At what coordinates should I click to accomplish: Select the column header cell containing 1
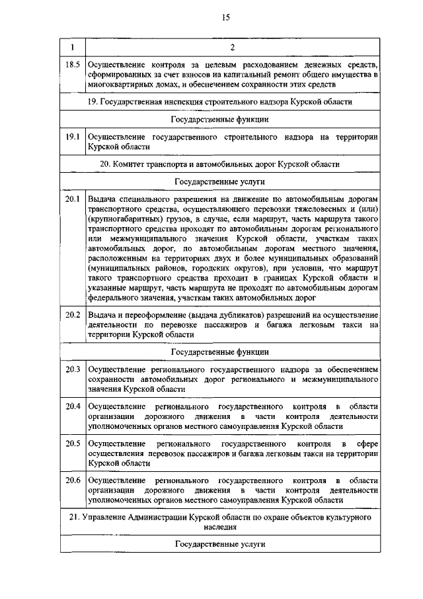(72, 47)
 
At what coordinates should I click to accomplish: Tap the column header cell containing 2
(232, 47)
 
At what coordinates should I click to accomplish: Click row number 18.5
(72, 64)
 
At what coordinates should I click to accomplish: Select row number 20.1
(72, 199)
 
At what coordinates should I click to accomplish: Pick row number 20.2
(72, 313)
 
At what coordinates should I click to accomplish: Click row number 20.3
(72, 369)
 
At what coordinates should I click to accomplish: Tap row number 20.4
(72, 405)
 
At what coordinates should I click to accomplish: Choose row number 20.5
(72, 442)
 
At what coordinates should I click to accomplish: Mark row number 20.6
(72, 479)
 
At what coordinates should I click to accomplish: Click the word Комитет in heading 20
(131, 163)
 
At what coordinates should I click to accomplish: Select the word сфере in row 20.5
(366, 442)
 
